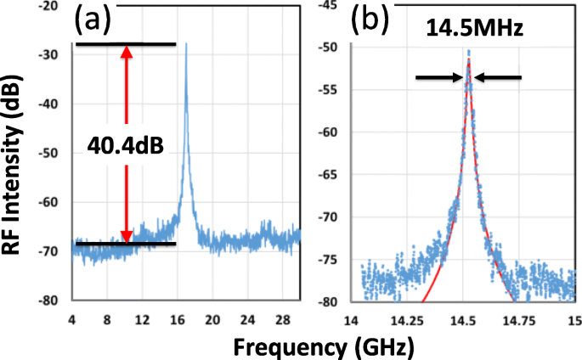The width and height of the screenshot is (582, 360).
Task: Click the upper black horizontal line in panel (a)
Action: point(126,43)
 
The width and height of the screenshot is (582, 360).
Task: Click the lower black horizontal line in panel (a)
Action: point(126,244)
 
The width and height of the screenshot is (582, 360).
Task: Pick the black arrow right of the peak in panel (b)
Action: point(498,77)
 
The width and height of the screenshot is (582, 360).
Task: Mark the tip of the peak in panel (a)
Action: point(186,43)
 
